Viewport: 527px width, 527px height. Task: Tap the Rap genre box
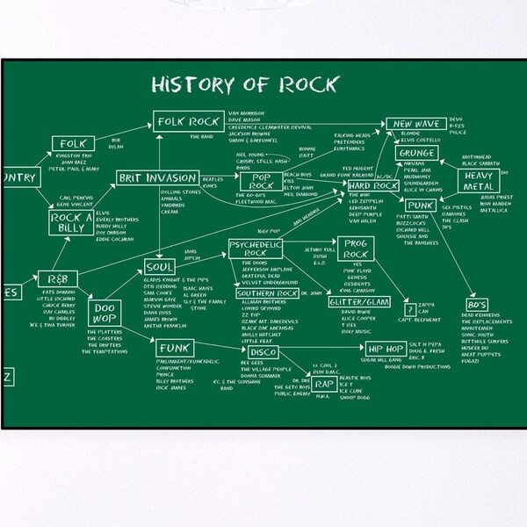(324, 384)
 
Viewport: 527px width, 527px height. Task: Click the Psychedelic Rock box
(254, 248)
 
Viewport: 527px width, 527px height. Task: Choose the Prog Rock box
(357, 249)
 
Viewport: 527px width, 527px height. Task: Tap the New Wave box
(415, 125)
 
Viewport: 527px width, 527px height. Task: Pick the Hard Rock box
(373, 186)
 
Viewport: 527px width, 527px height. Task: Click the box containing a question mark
(408, 310)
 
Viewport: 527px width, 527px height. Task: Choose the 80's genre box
(479, 305)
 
